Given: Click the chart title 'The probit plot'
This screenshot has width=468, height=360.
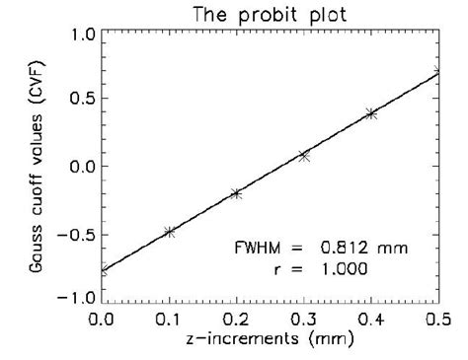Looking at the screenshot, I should pos(269,14).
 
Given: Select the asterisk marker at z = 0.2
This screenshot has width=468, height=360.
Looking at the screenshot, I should pos(236,193).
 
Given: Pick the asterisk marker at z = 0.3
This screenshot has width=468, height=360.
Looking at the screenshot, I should pos(304,156).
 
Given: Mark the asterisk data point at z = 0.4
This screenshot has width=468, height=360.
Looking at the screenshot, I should pos(371,114).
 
